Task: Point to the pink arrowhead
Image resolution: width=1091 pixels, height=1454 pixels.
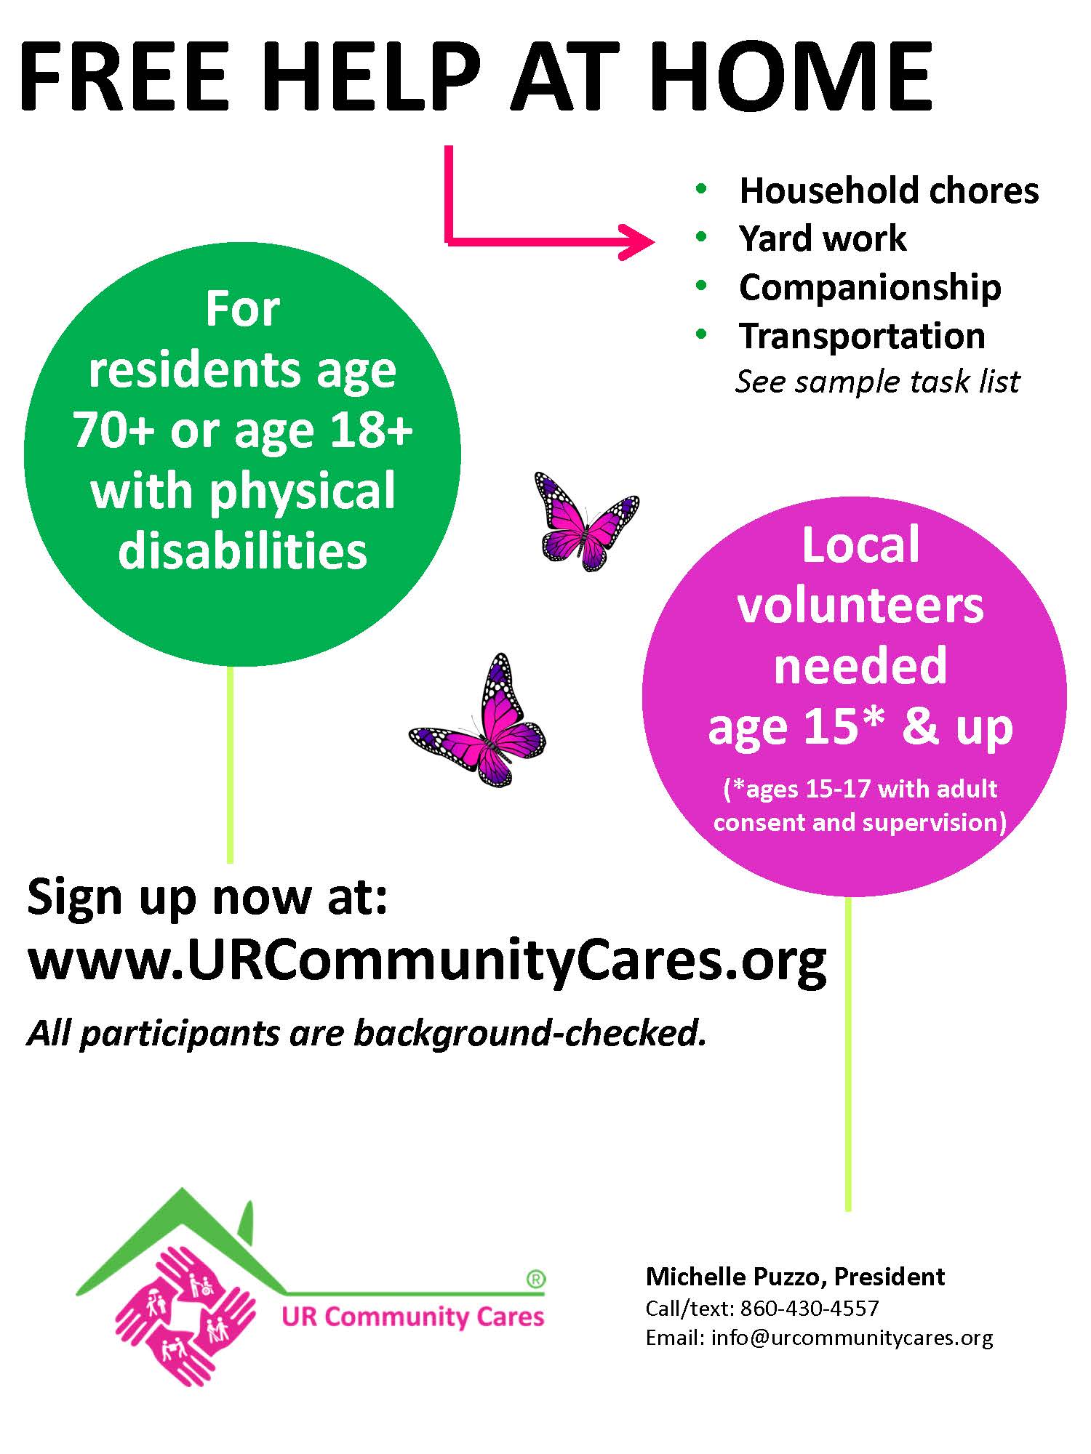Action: [x=636, y=241]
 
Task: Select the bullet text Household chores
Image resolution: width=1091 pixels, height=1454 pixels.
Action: [x=889, y=190]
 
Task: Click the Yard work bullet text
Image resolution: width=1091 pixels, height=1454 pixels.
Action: [x=823, y=238]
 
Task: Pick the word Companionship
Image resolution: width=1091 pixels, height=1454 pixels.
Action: [x=870, y=287]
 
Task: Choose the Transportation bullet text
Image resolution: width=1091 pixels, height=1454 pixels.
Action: [x=862, y=336]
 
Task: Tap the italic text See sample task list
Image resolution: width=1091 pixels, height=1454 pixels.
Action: [x=878, y=382]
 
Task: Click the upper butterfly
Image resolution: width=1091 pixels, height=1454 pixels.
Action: [x=586, y=521]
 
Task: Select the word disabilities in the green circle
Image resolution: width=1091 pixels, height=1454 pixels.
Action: [x=243, y=550]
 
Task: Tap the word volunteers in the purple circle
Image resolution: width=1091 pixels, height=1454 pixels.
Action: [x=860, y=606]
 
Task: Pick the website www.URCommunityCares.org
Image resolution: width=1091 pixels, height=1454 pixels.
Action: [x=427, y=963]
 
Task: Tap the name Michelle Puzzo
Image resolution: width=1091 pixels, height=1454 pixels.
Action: [x=735, y=1277]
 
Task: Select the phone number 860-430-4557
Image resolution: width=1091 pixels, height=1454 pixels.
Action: [x=810, y=1309]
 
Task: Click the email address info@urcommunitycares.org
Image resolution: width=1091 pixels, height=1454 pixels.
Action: [x=852, y=1338]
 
